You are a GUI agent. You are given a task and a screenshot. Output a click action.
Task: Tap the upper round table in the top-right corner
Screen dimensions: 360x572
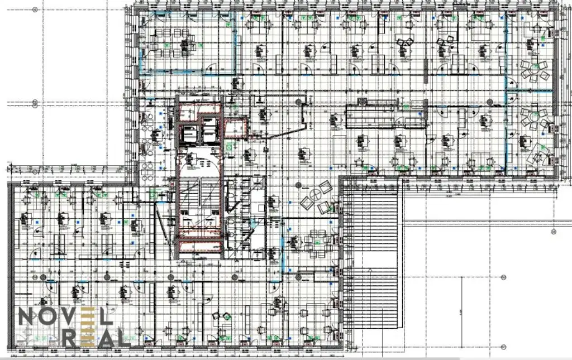pyautogui.click(x=535, y=70)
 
